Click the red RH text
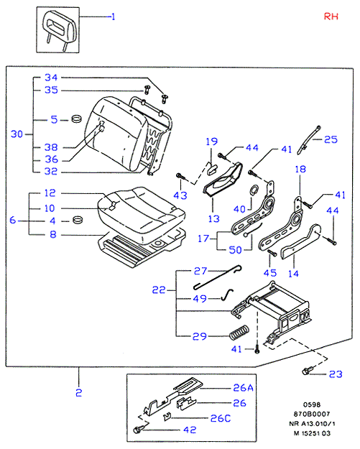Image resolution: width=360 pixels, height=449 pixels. tap(331, 17)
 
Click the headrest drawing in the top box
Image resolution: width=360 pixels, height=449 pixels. tap(59, 30)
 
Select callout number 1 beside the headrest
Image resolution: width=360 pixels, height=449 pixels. tap(113, 17)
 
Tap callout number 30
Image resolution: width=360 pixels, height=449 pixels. tap(17, 134)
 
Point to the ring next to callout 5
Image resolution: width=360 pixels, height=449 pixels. tap(76, 119)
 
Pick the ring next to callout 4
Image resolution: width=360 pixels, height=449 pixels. tap(77, 220)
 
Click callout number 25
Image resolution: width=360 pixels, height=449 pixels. tap(331, 139)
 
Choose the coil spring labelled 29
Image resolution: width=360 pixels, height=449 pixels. tap(239, 332)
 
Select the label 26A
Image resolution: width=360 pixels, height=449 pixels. tap(243, 387)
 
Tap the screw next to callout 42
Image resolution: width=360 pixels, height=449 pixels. tap(139, 429)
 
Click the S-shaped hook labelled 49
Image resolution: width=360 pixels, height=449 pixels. tap(227, 295)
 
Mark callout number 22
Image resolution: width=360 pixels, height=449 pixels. tap(159, 290)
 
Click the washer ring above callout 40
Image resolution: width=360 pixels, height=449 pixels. tap(254, 190)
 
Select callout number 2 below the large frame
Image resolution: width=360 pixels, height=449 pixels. tap(79, 392)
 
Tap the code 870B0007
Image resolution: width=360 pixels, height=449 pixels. tap(312, 414)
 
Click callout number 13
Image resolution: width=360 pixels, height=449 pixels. tap(213, 218)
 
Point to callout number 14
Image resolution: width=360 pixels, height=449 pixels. tap(293, 274)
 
